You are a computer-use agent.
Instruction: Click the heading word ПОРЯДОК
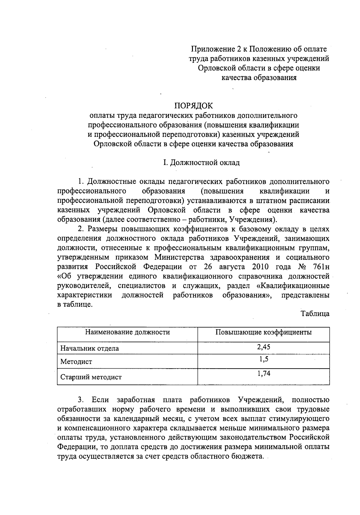click(x=193, y=106)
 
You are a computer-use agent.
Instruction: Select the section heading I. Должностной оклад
click(x=201, y=163)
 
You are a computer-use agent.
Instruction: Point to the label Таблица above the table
click(x=315, y=314)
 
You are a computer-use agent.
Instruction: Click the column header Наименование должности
click(x=127, y=332)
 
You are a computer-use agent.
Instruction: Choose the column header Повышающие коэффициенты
click(x=263, y=332)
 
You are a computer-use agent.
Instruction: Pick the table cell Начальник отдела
click(x=90, y=349)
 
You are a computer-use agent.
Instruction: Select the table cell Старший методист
click(x=91, y=377)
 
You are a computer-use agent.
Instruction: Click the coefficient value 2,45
click(x=263, y=347)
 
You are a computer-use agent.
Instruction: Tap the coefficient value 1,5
click(x=263, y=359)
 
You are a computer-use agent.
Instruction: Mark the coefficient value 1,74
click(x=263, y=374)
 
